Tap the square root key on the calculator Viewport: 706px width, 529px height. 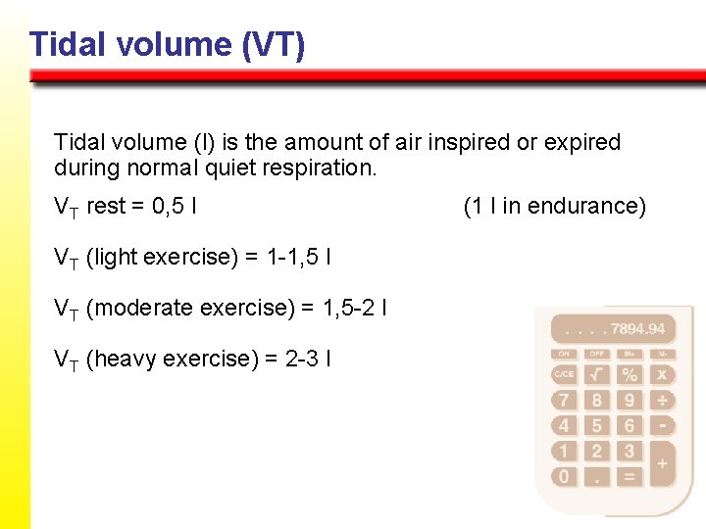point(596,374)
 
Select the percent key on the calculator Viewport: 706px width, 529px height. point(629,374)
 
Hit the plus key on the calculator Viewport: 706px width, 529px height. point(662,462)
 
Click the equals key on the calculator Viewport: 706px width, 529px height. point(629,476)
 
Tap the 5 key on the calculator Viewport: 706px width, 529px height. point(596,425)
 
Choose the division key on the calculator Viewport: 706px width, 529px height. point(662,400)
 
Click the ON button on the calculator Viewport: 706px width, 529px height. point(564,354)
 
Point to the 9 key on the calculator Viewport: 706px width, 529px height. point(629,400)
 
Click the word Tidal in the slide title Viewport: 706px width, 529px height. point(64,44)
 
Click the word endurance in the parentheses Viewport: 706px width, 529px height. point(585,206)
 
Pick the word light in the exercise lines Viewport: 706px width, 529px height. point(116,257)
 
